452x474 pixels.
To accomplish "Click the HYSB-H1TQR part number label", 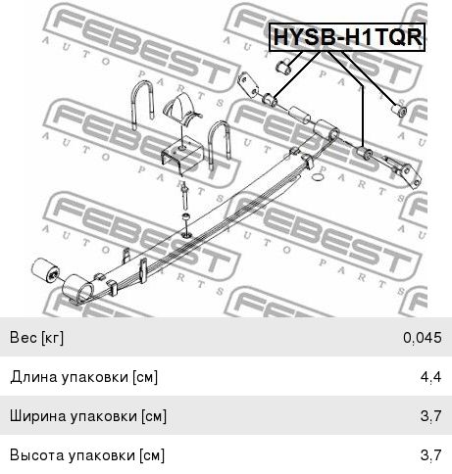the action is [x=347, y=37].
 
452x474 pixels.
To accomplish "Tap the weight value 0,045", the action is [x=423, y=338].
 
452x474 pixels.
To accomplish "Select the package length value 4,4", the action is [x=431, y=377].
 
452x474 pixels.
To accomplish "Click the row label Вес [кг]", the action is [x=36, y=338].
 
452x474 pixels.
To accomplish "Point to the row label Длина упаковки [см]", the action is [x=83, y=377].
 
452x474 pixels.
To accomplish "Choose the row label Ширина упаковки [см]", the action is [x=88, y=416].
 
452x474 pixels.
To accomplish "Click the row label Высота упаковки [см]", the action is [x=87, y=455].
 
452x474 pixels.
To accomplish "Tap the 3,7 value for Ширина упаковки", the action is [x=431, y=416].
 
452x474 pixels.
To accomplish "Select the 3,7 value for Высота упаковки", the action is [x=431, y=455].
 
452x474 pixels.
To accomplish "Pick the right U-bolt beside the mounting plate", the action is [x=220, y=144].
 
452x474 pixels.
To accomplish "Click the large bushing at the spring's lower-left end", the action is [x=46, y=269].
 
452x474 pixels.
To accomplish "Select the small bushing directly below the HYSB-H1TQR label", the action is [x=284, y=67].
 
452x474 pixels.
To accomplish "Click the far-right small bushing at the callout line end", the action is [x=399, y=110].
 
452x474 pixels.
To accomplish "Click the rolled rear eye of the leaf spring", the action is [x=326, y=130].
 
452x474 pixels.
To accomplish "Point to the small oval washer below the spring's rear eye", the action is [x=318, y=177].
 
